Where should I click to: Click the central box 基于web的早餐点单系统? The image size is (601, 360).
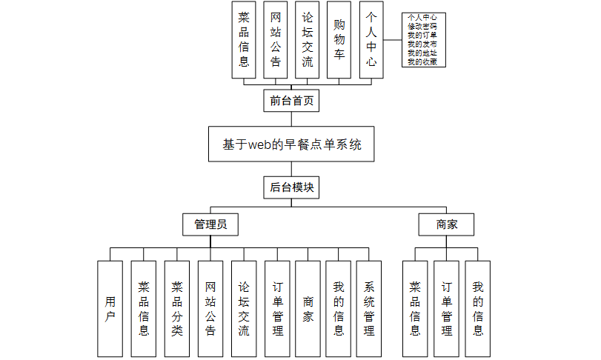coord(291,144)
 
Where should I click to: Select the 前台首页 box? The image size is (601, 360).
coord(291,101)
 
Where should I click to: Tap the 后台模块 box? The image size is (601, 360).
coord(291,187)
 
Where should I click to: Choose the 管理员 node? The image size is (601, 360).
coord(210,224)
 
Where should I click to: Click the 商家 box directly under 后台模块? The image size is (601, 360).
coord(446,224)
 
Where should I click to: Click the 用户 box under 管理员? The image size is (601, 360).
coord(110,309)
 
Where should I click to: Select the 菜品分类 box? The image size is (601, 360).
coord(176,309)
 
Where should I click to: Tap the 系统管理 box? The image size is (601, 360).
coord(368,309)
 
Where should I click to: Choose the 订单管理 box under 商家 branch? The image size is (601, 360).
coord(446,309)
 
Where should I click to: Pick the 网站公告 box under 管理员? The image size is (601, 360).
coord(210,309)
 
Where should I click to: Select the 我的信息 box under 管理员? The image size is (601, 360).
coord(339,309)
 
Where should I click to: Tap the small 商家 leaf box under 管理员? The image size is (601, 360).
coord(308,309)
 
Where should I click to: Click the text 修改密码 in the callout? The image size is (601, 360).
coord(422,26)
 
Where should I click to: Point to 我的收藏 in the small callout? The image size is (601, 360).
coord(422,61)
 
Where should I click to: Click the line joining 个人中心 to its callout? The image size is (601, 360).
coord(394,39)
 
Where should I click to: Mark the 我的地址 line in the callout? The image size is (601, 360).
coord(422,53)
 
